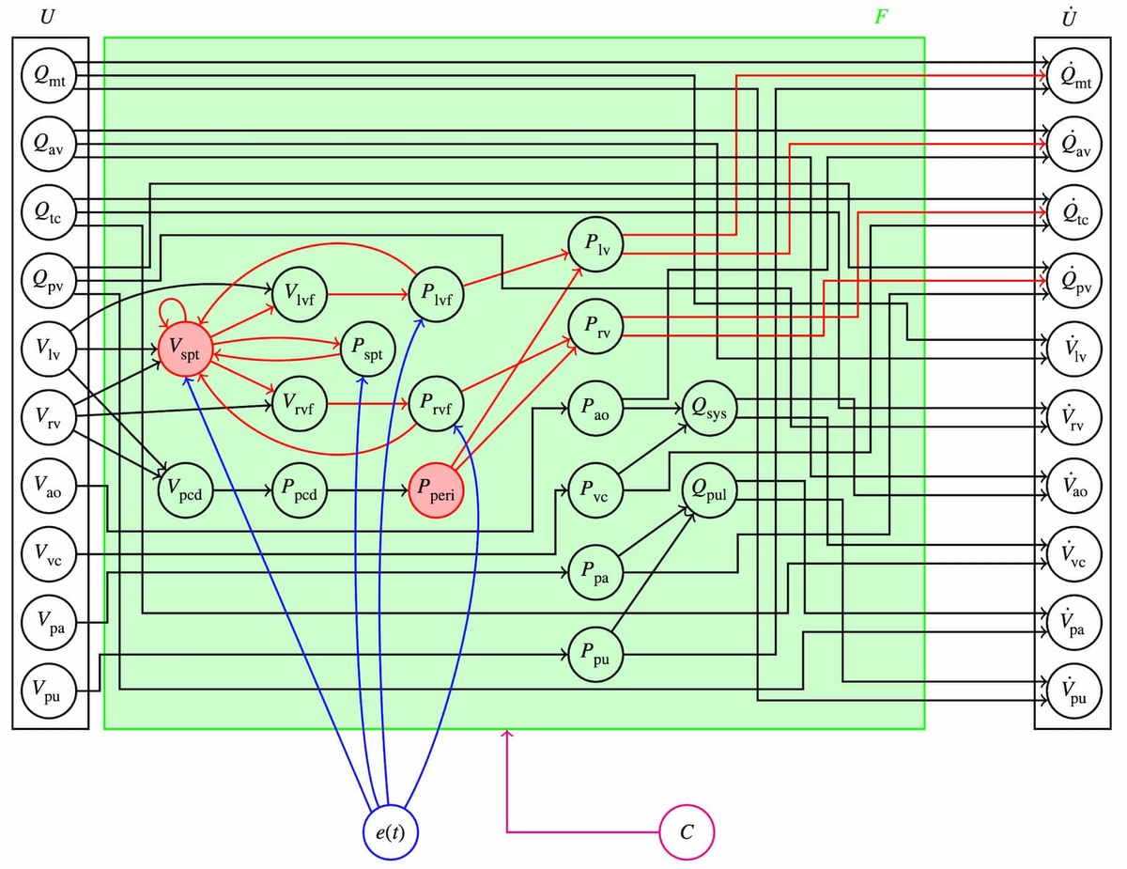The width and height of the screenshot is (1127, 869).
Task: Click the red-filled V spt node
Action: tap(184, 348)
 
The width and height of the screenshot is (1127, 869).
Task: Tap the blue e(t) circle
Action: tap(390, 832)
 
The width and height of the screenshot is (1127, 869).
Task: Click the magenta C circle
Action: tap(687, 832)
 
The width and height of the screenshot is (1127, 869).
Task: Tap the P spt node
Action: tap(367, 348)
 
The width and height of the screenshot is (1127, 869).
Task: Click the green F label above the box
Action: tap(880, 16)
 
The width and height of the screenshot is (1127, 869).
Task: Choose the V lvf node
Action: tap(299, 293)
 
